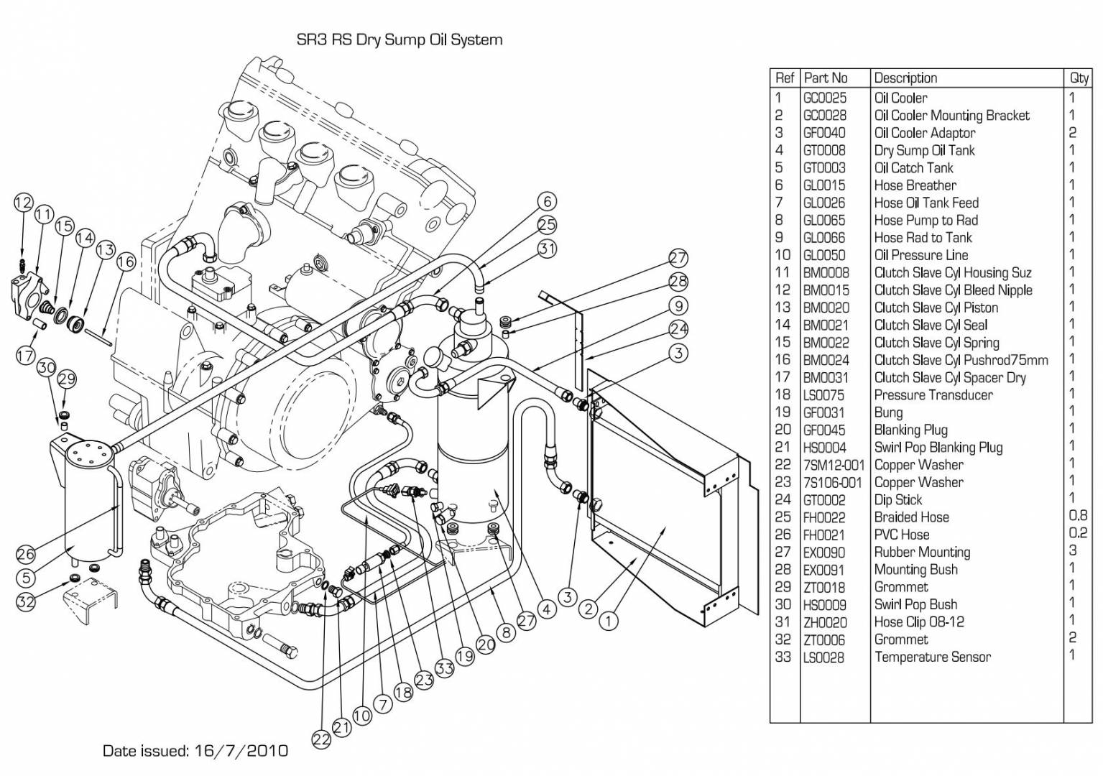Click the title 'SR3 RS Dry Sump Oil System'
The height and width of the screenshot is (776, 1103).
(400, 40)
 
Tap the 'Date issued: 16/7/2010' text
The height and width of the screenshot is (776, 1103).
(195, 751)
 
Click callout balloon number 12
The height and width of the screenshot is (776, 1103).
(23, 203)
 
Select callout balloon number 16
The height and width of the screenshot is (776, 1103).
(126, 262)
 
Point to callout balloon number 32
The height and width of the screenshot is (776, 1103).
(26, 601)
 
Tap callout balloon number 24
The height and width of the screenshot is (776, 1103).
(678, 329)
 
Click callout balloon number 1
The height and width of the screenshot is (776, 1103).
(609, 621)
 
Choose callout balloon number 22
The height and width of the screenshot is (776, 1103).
(321, 739)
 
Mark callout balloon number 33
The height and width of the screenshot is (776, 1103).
(445, 668)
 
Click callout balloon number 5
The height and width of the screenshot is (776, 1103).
(26, 578)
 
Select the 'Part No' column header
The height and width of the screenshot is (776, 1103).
(826, 78)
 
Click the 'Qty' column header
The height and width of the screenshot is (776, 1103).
(1079, 78)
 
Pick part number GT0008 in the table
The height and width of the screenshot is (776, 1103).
(824, 150)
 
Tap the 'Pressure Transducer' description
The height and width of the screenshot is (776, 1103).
(933, 395)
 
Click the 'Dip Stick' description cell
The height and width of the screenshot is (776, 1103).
(897, 500)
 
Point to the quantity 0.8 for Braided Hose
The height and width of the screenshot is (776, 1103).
(1078, 516)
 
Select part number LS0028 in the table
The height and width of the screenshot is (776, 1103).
(823, 657)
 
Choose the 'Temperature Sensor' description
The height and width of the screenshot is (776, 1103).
(932, 657)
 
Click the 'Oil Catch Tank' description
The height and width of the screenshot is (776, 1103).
(913, 168)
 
